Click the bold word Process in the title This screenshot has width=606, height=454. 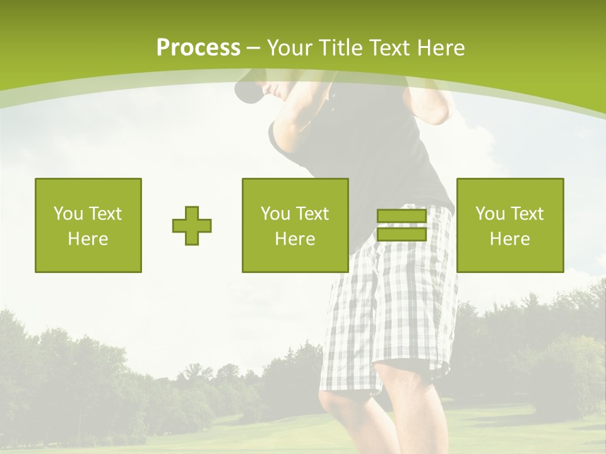point(198,48)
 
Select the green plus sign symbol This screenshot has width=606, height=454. point(192,226)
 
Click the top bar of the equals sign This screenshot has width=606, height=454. point(401,216)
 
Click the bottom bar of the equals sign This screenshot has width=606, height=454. point(401,235)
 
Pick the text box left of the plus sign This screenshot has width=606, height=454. point(88,225)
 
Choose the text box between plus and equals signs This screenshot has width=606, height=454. point(295,225)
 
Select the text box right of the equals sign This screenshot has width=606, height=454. point(510,225)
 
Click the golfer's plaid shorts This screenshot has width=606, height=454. point(391,303)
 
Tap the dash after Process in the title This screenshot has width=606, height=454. point(253,48)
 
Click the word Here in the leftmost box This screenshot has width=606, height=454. point(88,239)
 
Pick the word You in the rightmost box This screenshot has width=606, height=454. point(489,214)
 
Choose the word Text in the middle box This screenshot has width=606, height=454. point(312,214)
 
